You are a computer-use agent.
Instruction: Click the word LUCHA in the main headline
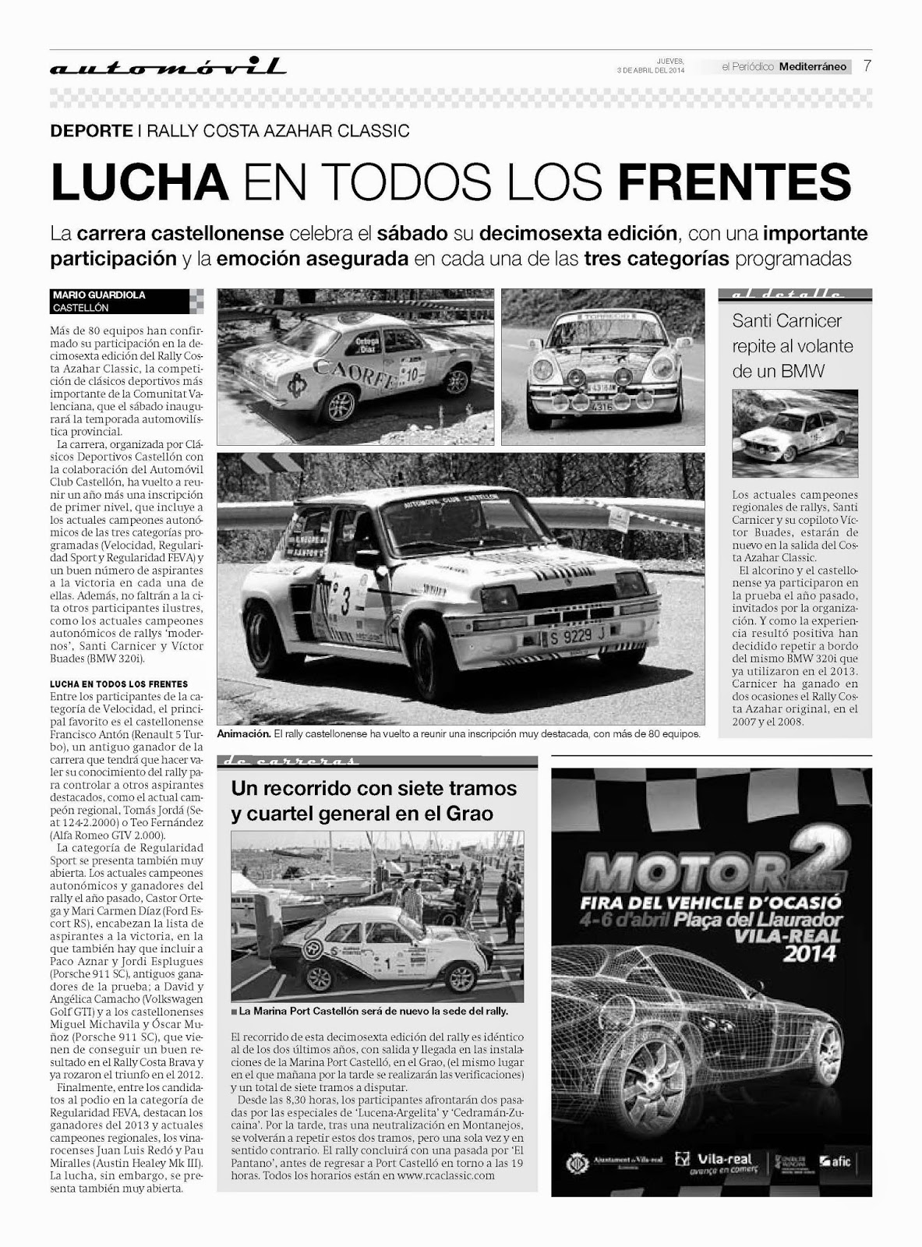coord(139,182)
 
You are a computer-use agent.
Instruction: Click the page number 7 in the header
coord(867,66)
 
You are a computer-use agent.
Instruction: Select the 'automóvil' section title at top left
coord(168,68)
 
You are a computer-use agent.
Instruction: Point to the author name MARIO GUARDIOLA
coord(99,295)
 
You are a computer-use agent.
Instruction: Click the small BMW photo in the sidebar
coord(794,433)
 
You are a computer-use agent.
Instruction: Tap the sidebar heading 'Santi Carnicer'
coord(786,320)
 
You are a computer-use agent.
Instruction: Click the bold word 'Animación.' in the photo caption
coord(244,734)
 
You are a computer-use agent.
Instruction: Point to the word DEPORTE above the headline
coord(91,131)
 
